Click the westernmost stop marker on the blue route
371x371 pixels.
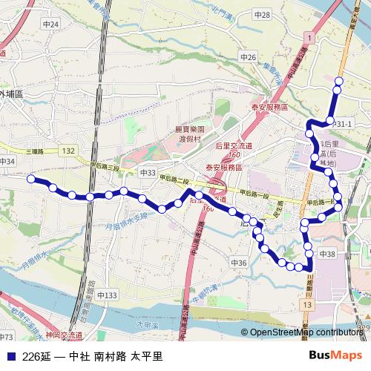[31, 179]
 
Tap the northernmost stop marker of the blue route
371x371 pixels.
[339, 81]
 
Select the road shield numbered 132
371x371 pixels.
[68, 151]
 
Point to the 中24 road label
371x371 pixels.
[50, 24]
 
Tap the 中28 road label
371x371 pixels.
[262, 15]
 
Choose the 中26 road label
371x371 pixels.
[248, 57]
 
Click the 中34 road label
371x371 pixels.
[7, 161]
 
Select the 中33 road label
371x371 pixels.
[147, 173]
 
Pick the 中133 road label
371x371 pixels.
[106, 295]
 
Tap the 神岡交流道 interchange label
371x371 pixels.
[62, 335]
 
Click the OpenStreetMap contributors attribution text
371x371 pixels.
[307, 332]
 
